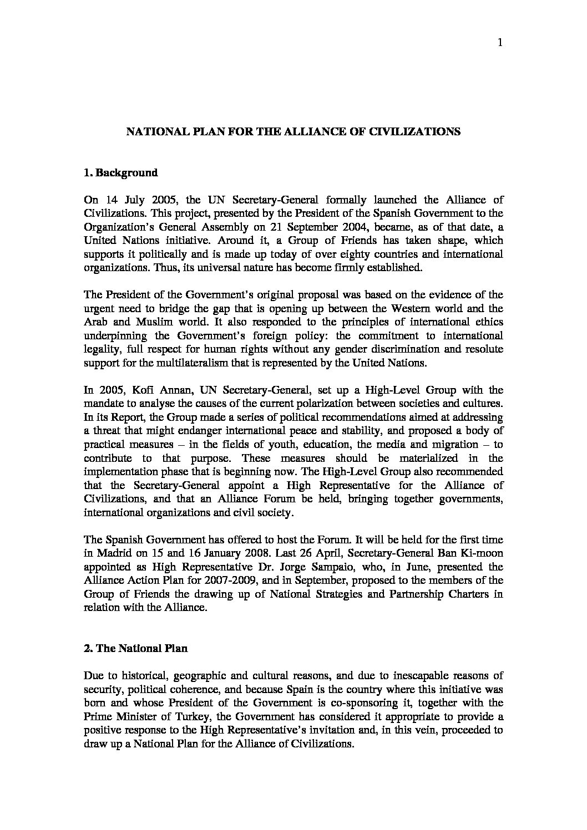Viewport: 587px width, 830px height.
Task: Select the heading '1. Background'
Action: (x=120, y=173)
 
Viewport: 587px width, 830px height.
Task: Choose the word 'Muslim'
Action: (x=144, y=322)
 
